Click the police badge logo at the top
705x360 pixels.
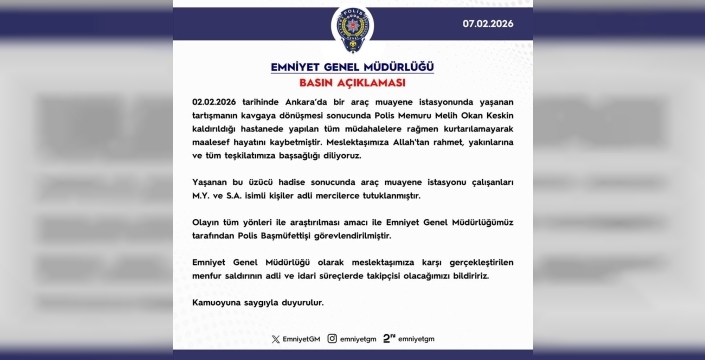coord(351,31)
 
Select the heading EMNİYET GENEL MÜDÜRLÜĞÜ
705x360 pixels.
coord(352,67)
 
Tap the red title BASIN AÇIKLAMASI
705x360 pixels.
coord(352,83)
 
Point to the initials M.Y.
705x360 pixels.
coord(201,197)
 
